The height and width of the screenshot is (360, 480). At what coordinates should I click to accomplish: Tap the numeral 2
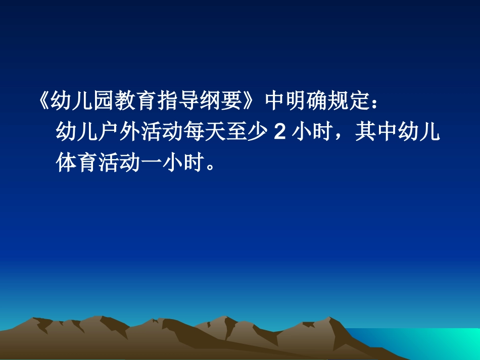tap(278, 133)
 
